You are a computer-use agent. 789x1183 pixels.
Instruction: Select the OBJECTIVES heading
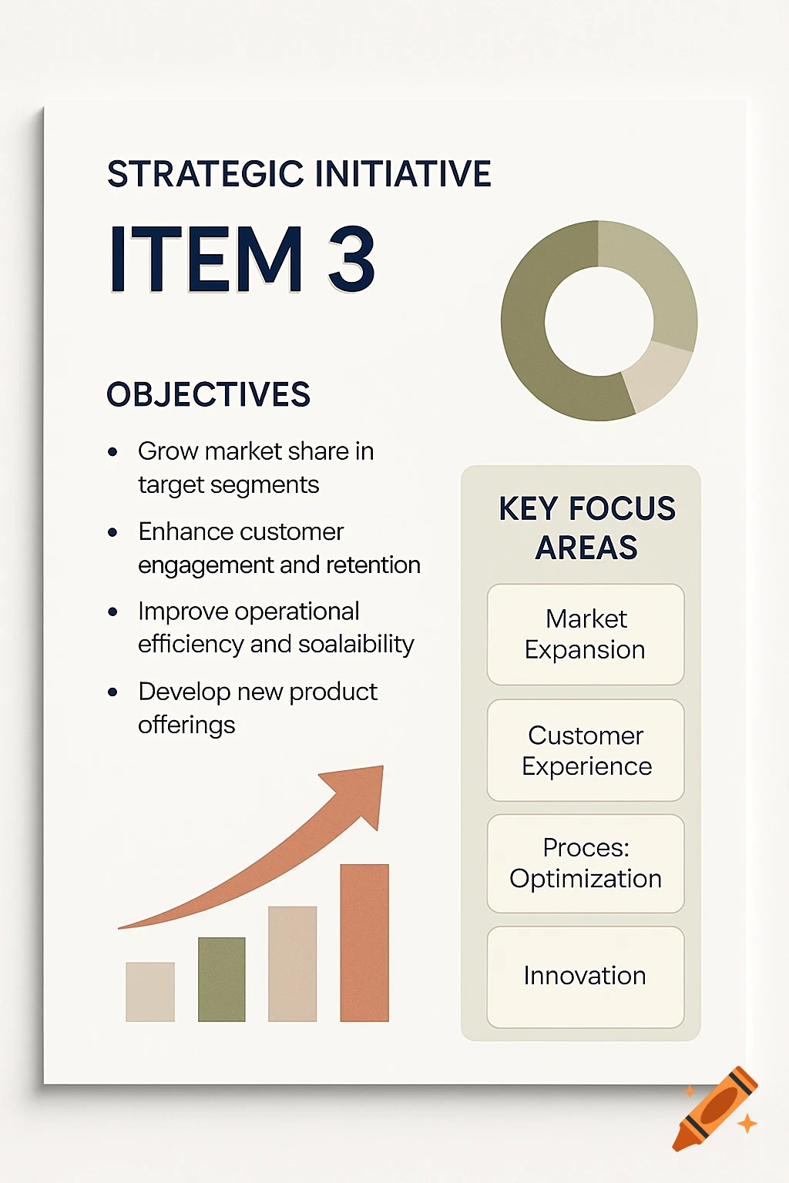208,394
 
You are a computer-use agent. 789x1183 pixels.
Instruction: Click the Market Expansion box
586,634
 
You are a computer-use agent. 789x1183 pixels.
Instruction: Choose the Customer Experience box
586,750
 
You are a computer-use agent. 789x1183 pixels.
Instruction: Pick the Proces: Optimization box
586,863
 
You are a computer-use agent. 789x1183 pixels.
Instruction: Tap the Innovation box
586,976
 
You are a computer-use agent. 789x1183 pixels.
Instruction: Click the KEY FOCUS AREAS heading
586,528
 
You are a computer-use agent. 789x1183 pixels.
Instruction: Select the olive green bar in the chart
222,979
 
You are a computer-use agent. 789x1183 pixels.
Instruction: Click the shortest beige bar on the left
150,991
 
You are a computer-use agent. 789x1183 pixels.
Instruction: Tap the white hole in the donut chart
599,321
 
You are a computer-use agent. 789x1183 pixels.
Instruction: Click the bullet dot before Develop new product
113,692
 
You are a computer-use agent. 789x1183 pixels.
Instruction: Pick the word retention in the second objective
373,565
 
